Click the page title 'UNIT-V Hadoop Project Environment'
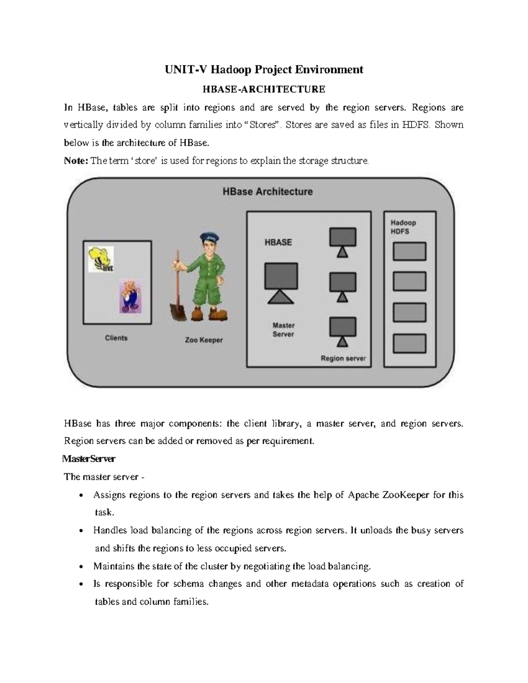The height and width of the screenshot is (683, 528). (264, 69)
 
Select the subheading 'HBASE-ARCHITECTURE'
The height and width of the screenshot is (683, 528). (264, 89)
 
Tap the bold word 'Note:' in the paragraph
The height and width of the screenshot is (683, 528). (76, 161)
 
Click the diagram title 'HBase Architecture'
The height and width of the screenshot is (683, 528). (267, 192)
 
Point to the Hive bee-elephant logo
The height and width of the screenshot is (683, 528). (101, 259)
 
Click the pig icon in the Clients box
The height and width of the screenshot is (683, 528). (130, 297)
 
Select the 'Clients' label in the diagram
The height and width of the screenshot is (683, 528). (116, 338)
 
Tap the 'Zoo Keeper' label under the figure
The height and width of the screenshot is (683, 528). (204, 340)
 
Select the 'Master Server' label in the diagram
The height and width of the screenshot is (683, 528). (283, 330)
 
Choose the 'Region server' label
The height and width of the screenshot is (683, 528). (343, 358)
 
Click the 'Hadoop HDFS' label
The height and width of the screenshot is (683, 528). (403, 227)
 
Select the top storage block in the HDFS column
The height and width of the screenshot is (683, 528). (409, 252)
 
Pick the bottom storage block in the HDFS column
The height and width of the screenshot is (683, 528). (409, 343)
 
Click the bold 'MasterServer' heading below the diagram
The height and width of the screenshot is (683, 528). (89, 459)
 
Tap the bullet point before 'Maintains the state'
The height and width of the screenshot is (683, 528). (81, 567)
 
